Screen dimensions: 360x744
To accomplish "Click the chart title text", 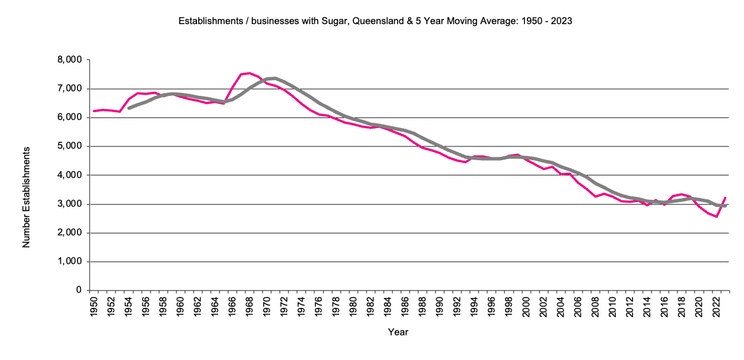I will [x=375, y=21].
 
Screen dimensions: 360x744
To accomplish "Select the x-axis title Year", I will [x=398, y=332].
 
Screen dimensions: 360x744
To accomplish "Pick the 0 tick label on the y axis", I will [x=78, y=291].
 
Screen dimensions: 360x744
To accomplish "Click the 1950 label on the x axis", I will [x=94, y=307].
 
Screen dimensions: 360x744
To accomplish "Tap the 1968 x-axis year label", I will [x=249, y=307].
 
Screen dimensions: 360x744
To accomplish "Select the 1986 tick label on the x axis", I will [x=405, y=307].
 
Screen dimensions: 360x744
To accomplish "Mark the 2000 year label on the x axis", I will [x=526, y=307].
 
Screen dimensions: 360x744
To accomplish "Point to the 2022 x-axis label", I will [x=716, y=307].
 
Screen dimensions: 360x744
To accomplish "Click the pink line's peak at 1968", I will [x=249, y=73].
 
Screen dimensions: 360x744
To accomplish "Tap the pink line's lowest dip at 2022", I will [x=716, y=216].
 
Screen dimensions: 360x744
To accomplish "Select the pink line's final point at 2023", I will [x=725, y=198].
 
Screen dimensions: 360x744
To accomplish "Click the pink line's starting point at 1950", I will [x=94, y=111].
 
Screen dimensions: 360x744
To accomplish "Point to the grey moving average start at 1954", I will [x=128, y=108].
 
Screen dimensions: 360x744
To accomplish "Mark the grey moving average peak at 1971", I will [x=275, y=78].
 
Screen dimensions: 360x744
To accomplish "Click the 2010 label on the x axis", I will [x=612, y=307].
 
